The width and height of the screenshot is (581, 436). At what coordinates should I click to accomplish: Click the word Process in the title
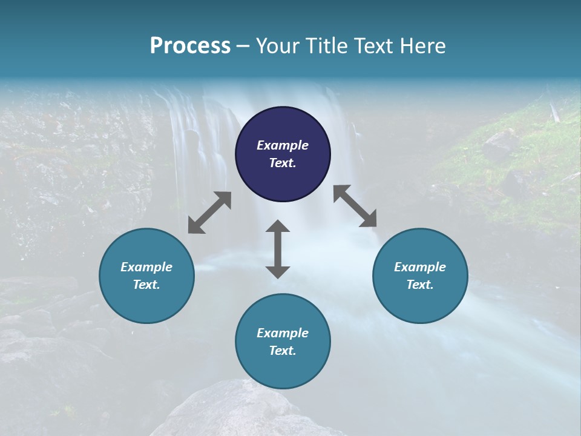coord(190,45)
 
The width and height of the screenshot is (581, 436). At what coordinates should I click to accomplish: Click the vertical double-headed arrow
coord(278,249)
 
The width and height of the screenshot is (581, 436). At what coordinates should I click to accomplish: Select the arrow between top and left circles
coord(209,213)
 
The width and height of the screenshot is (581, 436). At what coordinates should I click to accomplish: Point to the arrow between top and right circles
coord(355,206)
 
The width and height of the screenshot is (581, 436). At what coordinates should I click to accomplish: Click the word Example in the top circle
coord(283,145)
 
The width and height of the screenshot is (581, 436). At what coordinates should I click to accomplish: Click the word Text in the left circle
coord(146,285)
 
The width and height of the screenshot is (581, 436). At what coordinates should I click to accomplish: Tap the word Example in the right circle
coord(420,267)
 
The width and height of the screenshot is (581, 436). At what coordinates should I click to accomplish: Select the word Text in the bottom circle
coord(283,351)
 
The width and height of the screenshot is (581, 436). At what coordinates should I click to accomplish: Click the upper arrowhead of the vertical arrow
coord(278,227)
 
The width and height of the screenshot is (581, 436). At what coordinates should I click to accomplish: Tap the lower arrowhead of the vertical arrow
coord(278,271)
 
